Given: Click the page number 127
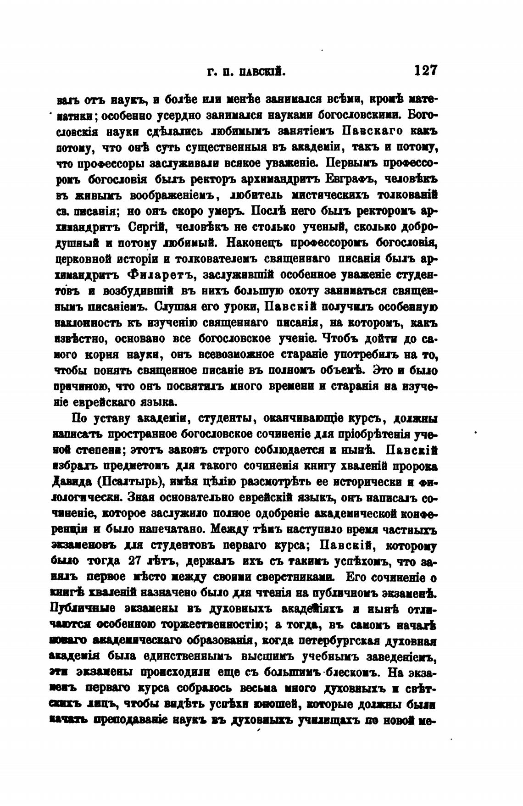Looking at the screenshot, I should (x=426, y=71).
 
